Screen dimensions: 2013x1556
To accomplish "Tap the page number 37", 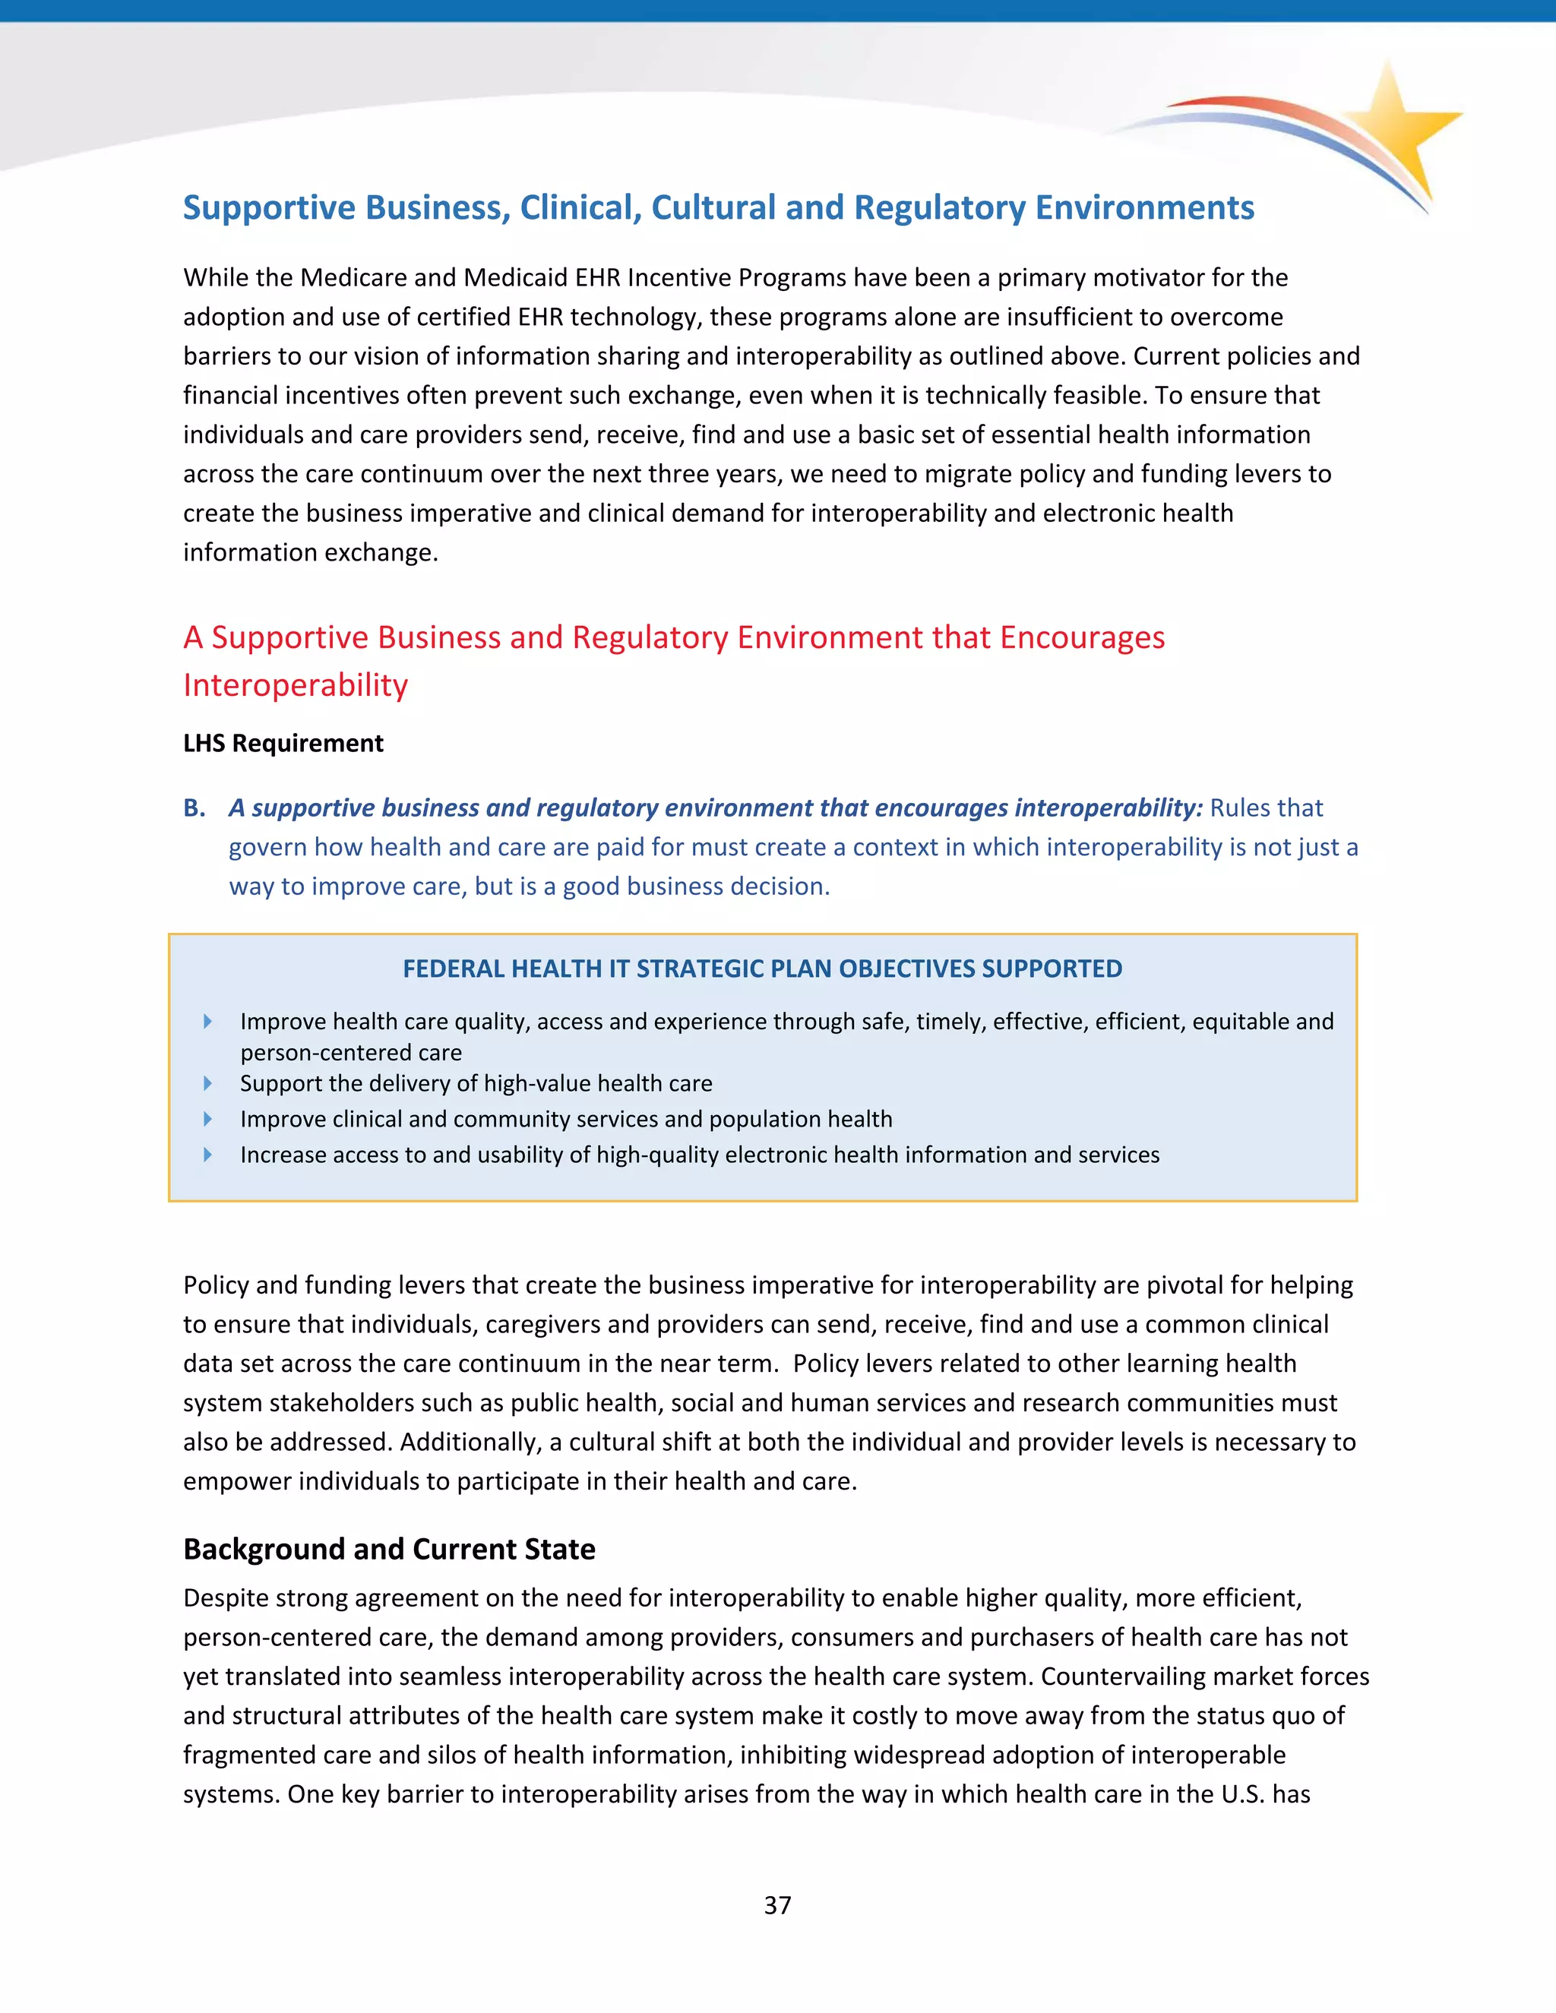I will pyautogui.click(x=777, y=1905).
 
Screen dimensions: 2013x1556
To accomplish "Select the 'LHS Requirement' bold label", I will pyautogui.click(x=283, y=743).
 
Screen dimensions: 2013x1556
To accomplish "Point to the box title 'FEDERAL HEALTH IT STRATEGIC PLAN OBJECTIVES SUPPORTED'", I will pyautogui.click(x=762, y=969).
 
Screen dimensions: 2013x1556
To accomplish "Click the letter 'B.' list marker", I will pyautogui.click(x=194, y=807).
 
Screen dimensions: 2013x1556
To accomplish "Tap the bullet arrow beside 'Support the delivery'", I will pyautogui.click(x=207, y=1083).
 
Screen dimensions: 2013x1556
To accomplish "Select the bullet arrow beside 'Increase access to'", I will pyautogui.click(x=207, y=1154).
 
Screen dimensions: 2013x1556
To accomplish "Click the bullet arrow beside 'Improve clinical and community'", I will pyautogui.click(x=207, y=1119).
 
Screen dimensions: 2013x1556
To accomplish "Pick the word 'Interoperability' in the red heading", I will pyautogui.click(x=295, y=685).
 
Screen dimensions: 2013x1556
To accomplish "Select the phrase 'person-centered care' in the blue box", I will pyautogui.click(x=350, y=1053).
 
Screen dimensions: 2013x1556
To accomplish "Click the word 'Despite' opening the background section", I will pyautogui.click(x=226, y=1597).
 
